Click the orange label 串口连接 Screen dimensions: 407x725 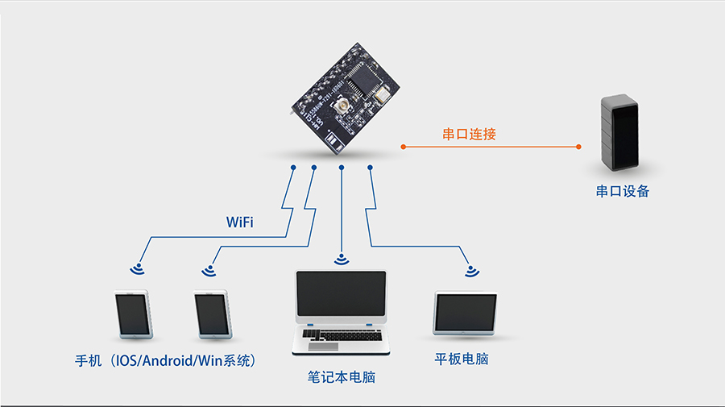coord(469,134)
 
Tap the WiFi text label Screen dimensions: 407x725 coord(239,222)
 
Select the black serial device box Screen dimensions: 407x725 coord(620,133)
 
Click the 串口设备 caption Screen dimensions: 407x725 coord(622,192)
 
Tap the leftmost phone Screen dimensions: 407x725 coord(132,314)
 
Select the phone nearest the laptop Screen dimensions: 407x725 coord(213,314)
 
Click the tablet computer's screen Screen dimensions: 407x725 coord(466,314)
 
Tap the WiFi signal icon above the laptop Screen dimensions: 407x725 coord(341,259)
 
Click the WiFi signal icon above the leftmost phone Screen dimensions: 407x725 coord(138,269)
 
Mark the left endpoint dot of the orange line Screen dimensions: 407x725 coord(403,147)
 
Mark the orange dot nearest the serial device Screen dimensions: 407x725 coord(578,147)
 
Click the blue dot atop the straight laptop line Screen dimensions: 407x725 coord(342,168)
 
